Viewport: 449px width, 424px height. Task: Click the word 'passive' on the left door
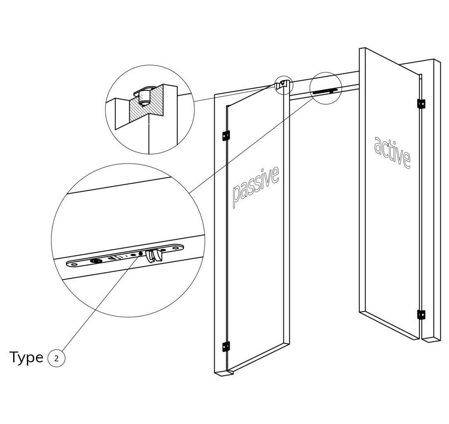coord(255,186)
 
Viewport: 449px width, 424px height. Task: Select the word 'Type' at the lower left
coord(26,357)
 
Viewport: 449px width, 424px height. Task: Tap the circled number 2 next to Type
coord(56,358)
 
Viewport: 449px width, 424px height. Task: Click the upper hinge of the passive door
coord(226,135)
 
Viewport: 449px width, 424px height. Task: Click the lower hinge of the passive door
coord(226,347)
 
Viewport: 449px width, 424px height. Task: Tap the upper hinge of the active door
coord(421,104)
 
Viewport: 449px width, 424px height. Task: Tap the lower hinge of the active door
coord(421,315)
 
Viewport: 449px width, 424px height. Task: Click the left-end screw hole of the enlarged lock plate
coord(74,263)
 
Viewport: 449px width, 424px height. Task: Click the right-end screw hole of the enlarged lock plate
coord(178,248)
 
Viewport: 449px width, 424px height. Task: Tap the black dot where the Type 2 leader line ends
coord(140,253)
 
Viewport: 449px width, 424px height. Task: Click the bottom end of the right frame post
coord(431,339)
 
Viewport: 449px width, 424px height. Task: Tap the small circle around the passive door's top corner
coord(284,85)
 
